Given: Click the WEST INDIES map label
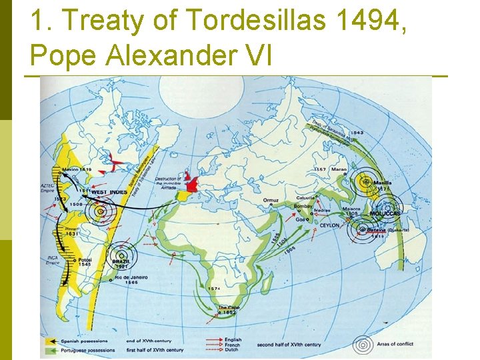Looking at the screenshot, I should point(108,192).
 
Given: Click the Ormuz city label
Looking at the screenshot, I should point(273,200).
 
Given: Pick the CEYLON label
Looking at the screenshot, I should point(329,225).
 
